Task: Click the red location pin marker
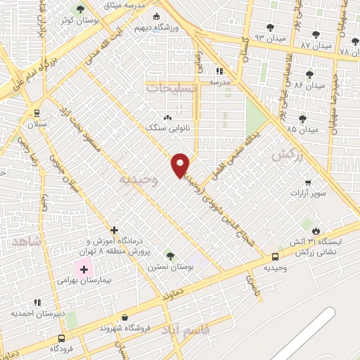pyautogui.click(x=181, y=165)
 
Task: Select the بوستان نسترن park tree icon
pyautogui.click(x=169, y=255)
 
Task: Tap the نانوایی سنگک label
pyautogui.click(x=163, y=129)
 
